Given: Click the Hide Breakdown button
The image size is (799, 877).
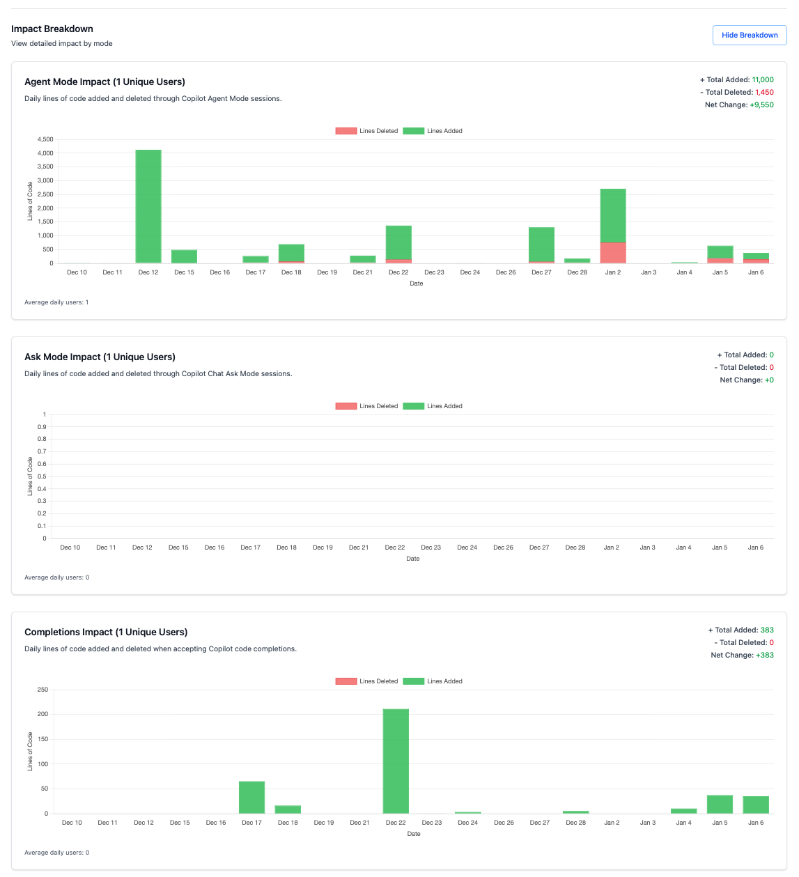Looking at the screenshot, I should tap(750, 36).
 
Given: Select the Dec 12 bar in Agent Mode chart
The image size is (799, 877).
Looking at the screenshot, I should tap(148, 206).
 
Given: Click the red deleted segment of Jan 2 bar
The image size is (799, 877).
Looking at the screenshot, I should tap(613, 252).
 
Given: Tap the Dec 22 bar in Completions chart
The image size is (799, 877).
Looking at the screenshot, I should tap(396, 761).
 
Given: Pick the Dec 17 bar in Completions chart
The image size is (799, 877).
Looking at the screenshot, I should tap(251, 797).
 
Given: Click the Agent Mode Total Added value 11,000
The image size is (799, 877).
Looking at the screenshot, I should tap(763, 80).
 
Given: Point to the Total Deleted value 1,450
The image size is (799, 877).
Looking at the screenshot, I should tap(764, 93).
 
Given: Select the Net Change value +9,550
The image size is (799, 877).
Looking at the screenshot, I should tap(761, 105).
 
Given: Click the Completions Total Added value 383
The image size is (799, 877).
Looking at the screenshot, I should tap(767, 630).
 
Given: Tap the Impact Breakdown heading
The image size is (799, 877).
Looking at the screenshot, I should tap(52, 29).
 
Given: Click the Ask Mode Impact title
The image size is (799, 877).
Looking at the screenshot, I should tap(100, 357).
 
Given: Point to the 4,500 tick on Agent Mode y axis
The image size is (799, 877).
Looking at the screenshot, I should tap(45, 139).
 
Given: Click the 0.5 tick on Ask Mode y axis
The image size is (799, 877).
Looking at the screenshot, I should tap(42, 476).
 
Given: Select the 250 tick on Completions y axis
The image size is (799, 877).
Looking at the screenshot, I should tap(43, 690).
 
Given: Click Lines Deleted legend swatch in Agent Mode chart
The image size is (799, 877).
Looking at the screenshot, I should tap(346, 131).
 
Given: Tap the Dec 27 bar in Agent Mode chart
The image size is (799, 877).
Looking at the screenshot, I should tap(541, 245).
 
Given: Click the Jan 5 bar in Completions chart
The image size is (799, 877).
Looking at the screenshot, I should tap(720, 804).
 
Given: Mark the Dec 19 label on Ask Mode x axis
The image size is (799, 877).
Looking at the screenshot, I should tap(323, 548).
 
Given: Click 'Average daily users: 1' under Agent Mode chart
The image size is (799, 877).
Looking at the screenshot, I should tap(56, 302).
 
